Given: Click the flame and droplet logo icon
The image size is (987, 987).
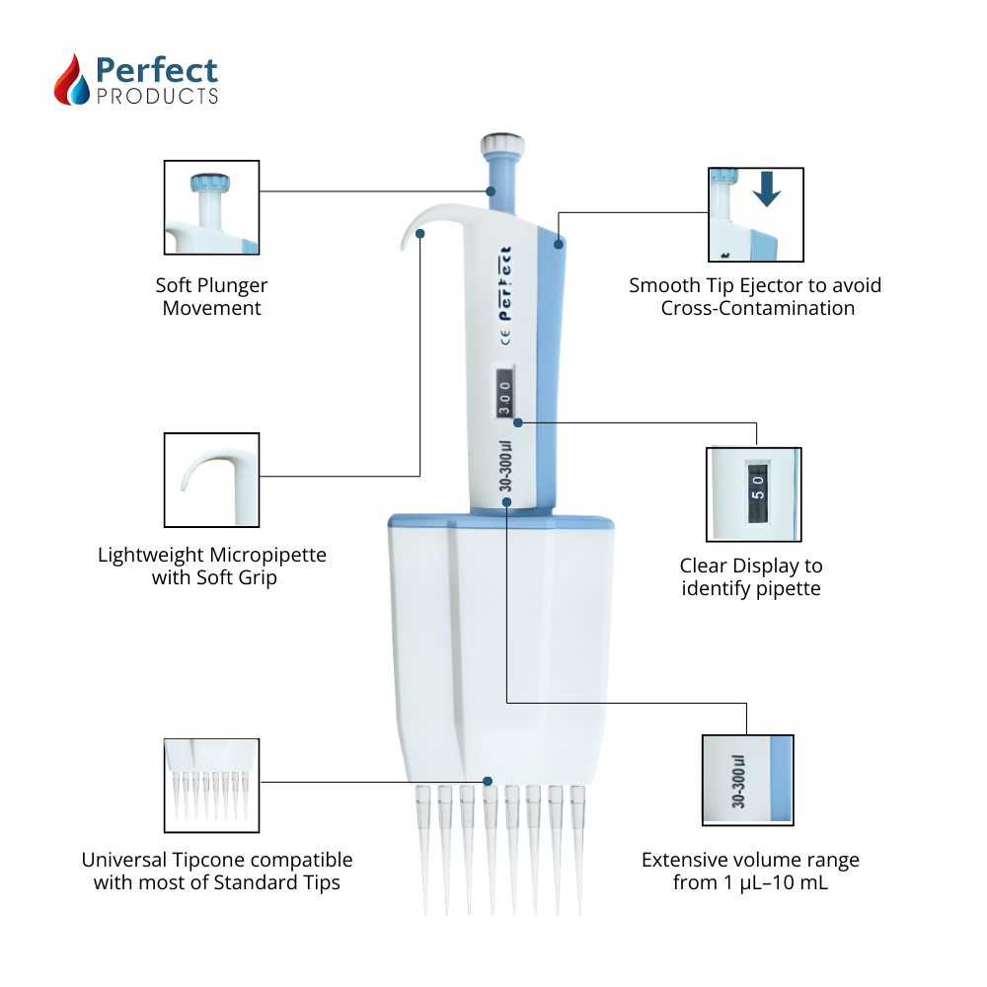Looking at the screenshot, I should [71, 80].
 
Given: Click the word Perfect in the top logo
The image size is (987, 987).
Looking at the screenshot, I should [156, 70].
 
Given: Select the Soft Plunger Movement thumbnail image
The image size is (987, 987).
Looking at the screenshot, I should [211, 208].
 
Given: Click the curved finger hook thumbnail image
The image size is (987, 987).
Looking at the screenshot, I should [211, 480].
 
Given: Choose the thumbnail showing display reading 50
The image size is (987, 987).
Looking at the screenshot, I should [754, 493].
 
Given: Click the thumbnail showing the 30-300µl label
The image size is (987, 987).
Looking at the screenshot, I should [747, 780].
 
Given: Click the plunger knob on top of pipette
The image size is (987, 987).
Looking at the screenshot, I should [500, 146].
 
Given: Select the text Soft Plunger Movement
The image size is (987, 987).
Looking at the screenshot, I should [211, 296].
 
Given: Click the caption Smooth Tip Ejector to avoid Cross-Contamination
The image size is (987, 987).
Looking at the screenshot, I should [755, 296].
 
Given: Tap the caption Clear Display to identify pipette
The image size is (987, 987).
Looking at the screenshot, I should [751, 577].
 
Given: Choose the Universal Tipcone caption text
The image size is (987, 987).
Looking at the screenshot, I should [216, 872].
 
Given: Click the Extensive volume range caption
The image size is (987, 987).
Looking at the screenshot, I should [750, 872].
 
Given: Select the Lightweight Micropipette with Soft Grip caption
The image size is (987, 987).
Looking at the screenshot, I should [212, 566].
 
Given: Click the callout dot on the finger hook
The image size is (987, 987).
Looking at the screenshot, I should [421, 234].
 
